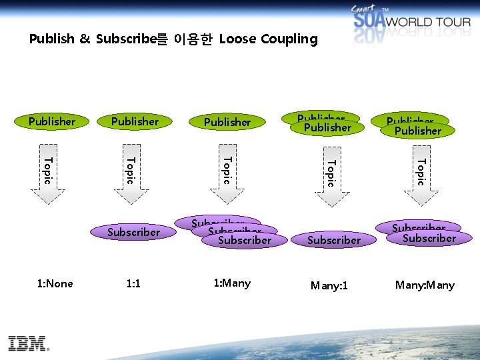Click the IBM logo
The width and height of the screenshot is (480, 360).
click(29, 343)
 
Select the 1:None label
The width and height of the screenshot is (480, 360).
click(55, 284)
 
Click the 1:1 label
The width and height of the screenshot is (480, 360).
click(133, 284)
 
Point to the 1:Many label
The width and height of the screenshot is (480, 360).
click(232, 283)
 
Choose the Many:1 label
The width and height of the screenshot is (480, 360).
click(329, 286)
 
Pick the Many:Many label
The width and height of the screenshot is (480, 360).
click(425, 285)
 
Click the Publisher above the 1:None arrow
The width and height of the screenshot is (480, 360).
click(52, 121)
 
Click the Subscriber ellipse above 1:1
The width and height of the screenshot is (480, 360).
click(134, 232)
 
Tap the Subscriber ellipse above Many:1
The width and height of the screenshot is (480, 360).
click(335, 240)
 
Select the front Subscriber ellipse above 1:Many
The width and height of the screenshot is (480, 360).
click(245, 240)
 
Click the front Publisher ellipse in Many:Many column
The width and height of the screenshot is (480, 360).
click(418, 131)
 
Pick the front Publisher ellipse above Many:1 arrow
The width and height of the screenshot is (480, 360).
click(327, 127)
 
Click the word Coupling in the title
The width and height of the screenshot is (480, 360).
click(288, 39)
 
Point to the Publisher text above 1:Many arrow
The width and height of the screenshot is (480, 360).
click(227, 122)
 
